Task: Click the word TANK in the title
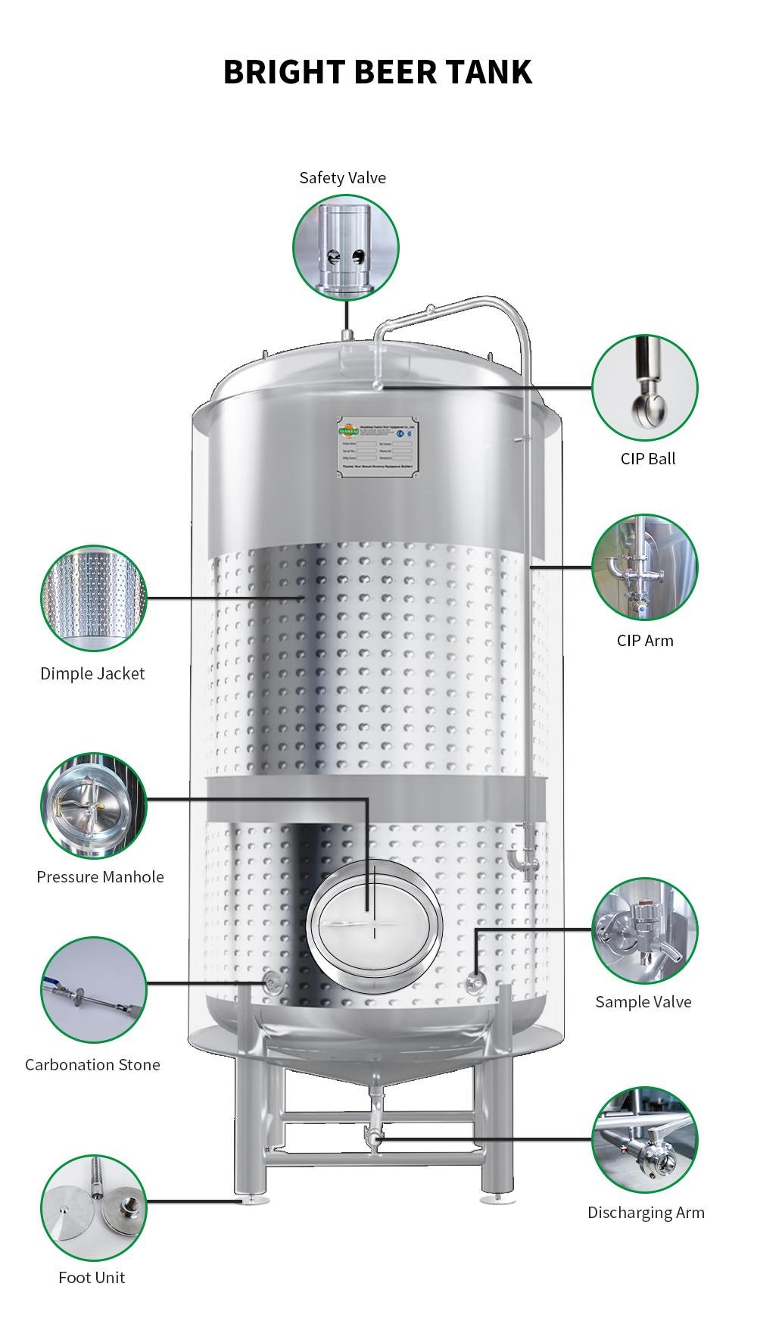pyautogui.click(x=488, y=72)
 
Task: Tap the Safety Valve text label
pyautogui.click(x=342, y=178)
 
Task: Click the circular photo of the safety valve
pyautogui.click(x=346, y=248)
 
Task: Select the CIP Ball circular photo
pyautogui.click(x=644, y=388)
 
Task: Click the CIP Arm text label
pyautogui.click(x=644, y=641)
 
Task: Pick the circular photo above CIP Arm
pyautogui.click(x=644, y=567)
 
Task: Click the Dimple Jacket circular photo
pyautogui.click(x=93, y=598)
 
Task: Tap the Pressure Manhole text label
pyautogui.click(x=100, y=877)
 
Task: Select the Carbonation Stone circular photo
pyautogui.click(x=93, y=990)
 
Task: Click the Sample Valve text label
pyautogui.click(x=643, y=1002)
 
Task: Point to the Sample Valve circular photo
pyautogui.click(x=644, y=931)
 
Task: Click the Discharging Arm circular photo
pyautogui.click(x=644, y=1140)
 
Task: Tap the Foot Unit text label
pyautogui.click(x=92, y=1278)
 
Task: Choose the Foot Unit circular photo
pyautogui.click(x=93, y=1208)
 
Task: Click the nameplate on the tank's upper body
pyautogui.click(x=377, y=447)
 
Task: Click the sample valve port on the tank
pyautogui.click(x=475, y=983)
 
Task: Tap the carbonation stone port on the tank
pyautogui.click(x=273, y=984)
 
